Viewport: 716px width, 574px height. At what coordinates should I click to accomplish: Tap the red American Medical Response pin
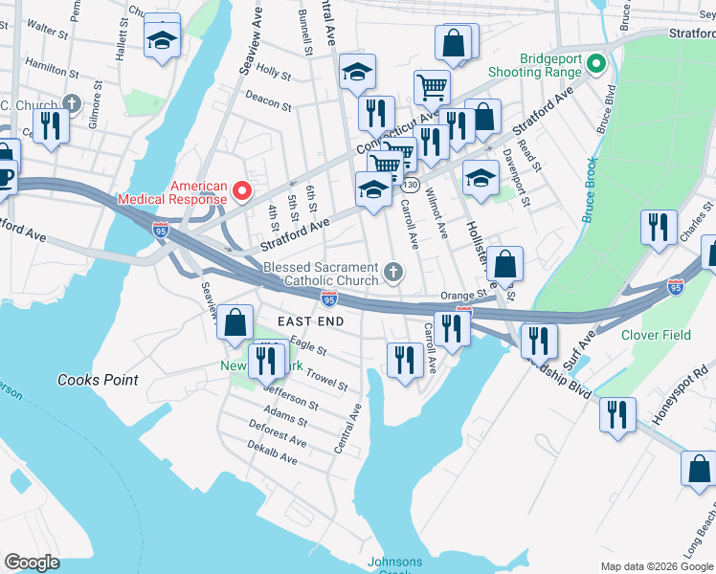(242, 192)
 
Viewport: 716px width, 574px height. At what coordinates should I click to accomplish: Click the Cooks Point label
(98, 380)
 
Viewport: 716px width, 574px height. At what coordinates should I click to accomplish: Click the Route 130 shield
(411, 184)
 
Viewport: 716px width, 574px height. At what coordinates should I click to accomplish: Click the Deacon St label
(267, 99)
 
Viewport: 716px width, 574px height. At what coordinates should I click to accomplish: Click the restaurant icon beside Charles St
(658, 227)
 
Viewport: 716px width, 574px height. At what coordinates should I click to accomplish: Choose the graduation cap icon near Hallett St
(163, 39)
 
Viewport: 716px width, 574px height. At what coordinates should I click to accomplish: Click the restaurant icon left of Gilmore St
(47, 124)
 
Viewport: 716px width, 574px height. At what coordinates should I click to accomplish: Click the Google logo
(33, 562)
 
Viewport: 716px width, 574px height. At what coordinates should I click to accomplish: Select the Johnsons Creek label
(393, 565)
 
